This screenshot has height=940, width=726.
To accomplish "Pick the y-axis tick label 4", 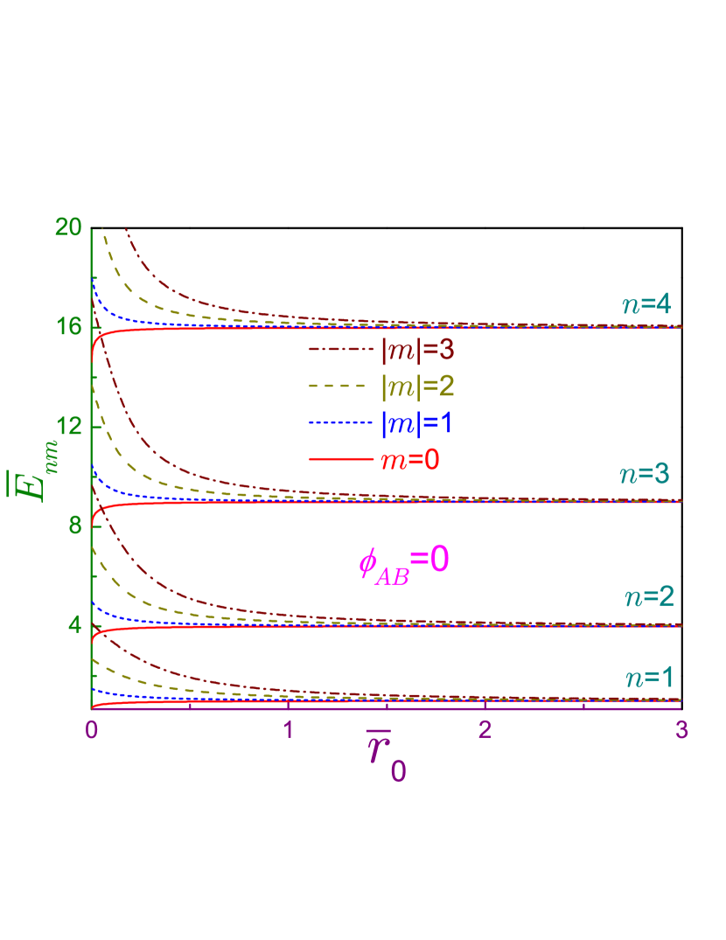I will tap(75, 625).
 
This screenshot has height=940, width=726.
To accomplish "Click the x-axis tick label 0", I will tap(91, 729).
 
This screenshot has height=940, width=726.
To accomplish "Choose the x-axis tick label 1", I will tap(288, 729).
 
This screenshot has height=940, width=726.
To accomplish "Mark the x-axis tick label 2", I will tap(485, 729).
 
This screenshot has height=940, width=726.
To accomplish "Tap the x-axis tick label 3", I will tap(681, 729).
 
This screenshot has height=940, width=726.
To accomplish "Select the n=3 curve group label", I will tap(646, 474).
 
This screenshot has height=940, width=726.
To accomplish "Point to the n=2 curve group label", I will tap(648, 597).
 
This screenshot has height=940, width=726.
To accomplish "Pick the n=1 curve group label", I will tap(648, 678).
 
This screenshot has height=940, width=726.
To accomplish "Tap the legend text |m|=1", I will tap(416, 423).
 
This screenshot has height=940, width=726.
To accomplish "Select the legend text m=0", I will tap(409, 460).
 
